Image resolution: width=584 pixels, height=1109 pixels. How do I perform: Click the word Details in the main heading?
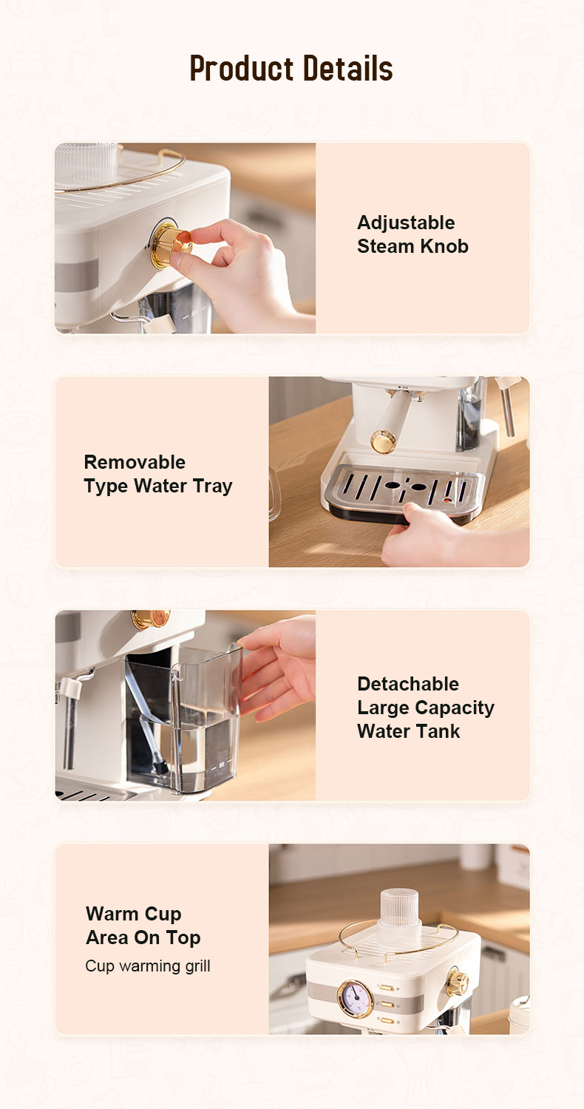(348, 68)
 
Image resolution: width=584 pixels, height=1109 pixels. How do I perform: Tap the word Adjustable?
(406, 223)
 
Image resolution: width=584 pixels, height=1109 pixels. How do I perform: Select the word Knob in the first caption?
(445, 246)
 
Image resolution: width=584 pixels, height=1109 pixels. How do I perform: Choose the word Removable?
(135, 462)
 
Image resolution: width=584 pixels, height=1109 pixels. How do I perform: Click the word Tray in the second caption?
(213, 486)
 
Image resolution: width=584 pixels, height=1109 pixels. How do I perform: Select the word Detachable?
(408, 684)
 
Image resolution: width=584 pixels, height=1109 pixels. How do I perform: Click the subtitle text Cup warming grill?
(148, 966)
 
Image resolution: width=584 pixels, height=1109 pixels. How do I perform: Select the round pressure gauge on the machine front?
(354, 999)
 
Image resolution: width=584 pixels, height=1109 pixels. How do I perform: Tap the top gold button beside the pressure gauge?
(387, 988)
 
